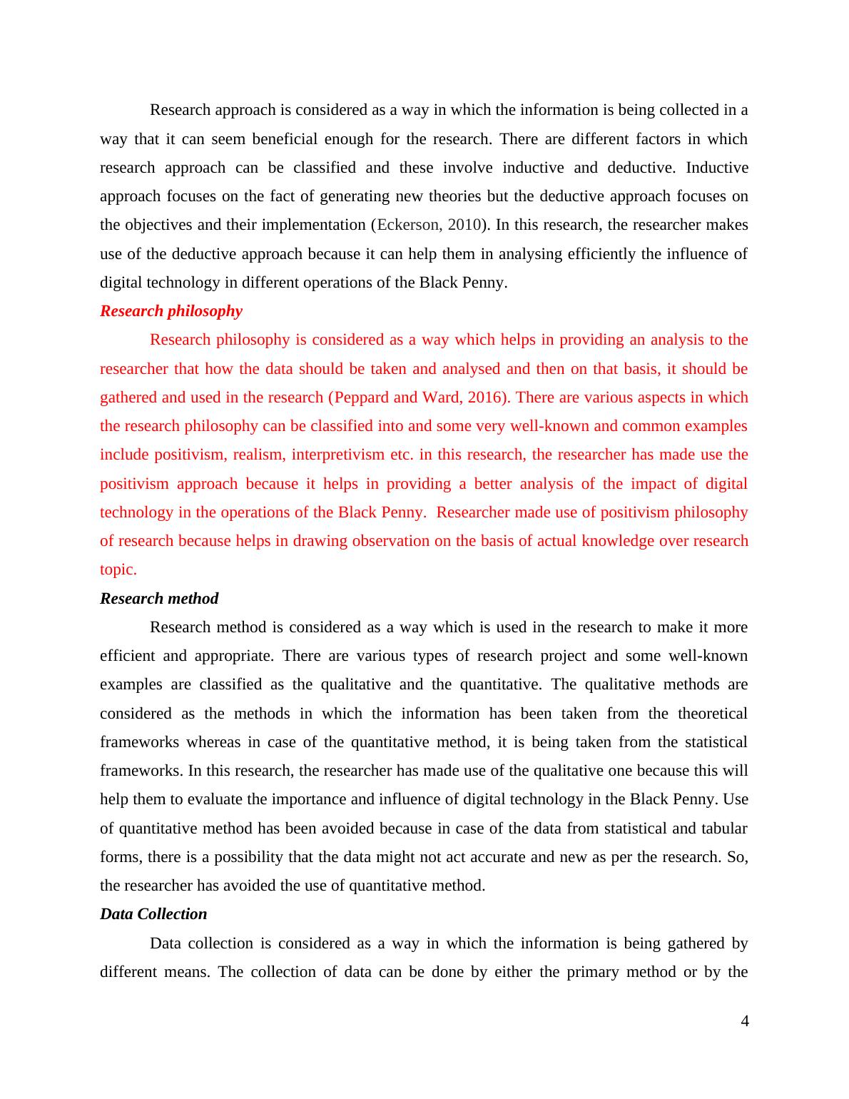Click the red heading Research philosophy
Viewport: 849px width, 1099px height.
coord(171,311)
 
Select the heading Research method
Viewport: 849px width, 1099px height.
coord(159,599)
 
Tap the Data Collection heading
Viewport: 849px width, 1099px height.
coord(153,914)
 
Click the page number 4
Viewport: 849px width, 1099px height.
coord(745,1021)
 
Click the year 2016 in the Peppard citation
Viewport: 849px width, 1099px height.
coord(489,397)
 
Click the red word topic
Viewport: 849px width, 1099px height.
coord(118,569)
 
